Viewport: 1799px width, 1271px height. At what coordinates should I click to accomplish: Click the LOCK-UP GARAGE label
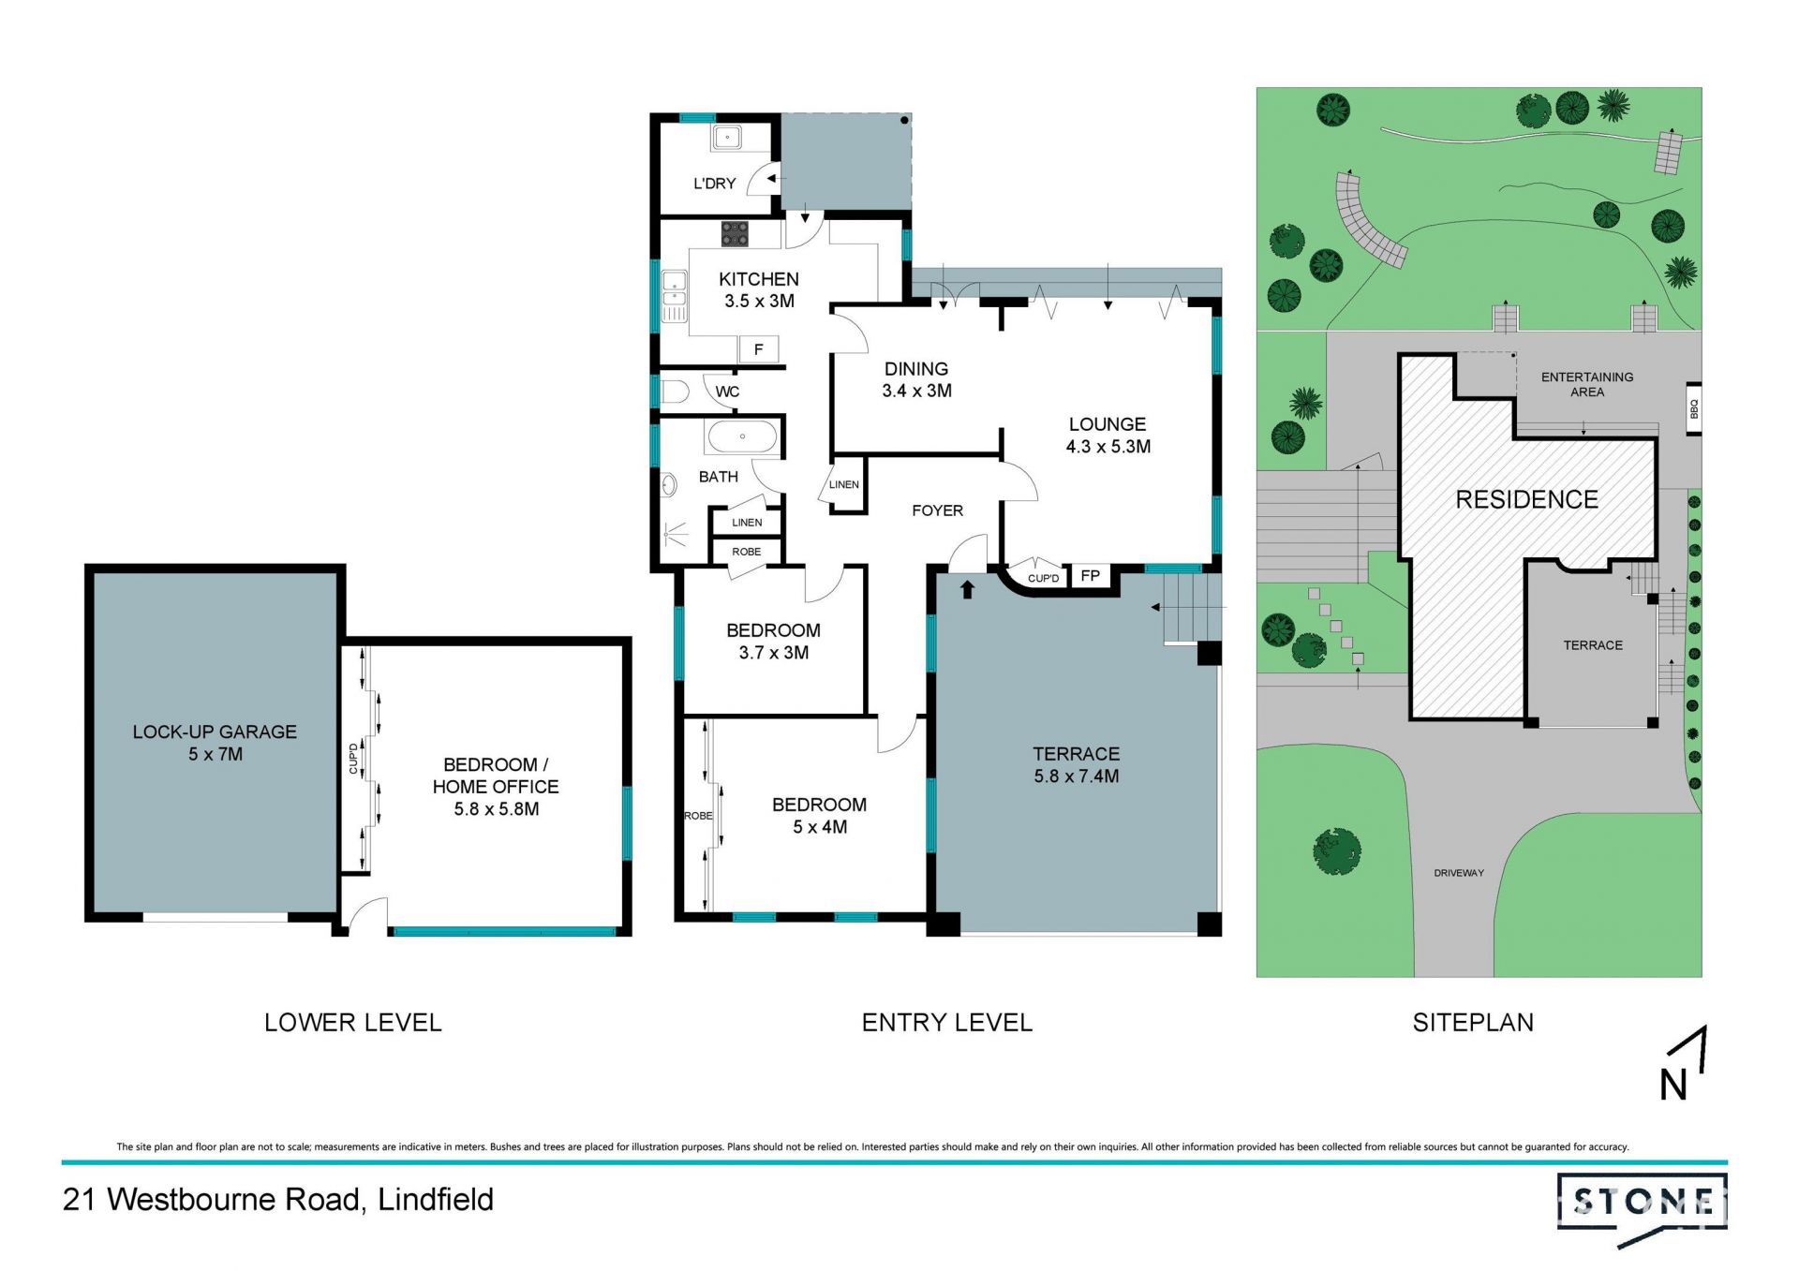click(215, 732)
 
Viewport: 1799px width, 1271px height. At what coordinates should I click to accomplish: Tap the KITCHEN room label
click(759, 279)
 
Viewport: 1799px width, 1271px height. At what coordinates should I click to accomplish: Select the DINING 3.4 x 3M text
click(916, 379)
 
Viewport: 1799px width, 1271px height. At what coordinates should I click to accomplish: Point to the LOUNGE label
click(1108, 424)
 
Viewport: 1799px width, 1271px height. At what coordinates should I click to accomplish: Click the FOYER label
click(937, 510)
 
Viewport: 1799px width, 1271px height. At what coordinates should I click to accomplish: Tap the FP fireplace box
click(1091, 575)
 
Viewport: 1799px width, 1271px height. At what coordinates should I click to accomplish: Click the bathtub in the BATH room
click(742, 436)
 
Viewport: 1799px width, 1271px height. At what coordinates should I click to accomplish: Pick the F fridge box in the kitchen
click(759, 349)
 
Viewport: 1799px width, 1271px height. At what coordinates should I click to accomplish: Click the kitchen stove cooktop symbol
click(735, 233)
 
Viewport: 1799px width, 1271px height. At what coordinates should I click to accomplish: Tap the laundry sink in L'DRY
click(727, 138)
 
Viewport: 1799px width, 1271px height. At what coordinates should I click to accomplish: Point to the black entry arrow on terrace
click(968, 589)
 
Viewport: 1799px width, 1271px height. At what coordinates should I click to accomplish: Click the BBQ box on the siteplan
click(1694, 409)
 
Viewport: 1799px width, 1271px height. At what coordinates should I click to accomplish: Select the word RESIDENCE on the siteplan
click(1527, 500)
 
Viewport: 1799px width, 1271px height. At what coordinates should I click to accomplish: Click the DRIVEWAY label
click(1459, 873)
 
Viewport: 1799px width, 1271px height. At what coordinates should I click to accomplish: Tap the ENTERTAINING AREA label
click(1587, 384)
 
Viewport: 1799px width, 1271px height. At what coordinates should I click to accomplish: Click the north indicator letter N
click(1673, 1086)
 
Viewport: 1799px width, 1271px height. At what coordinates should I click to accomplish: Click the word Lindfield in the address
click(436, 1200)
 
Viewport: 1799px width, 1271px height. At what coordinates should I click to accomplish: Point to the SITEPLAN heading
click(1473, 1023)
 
